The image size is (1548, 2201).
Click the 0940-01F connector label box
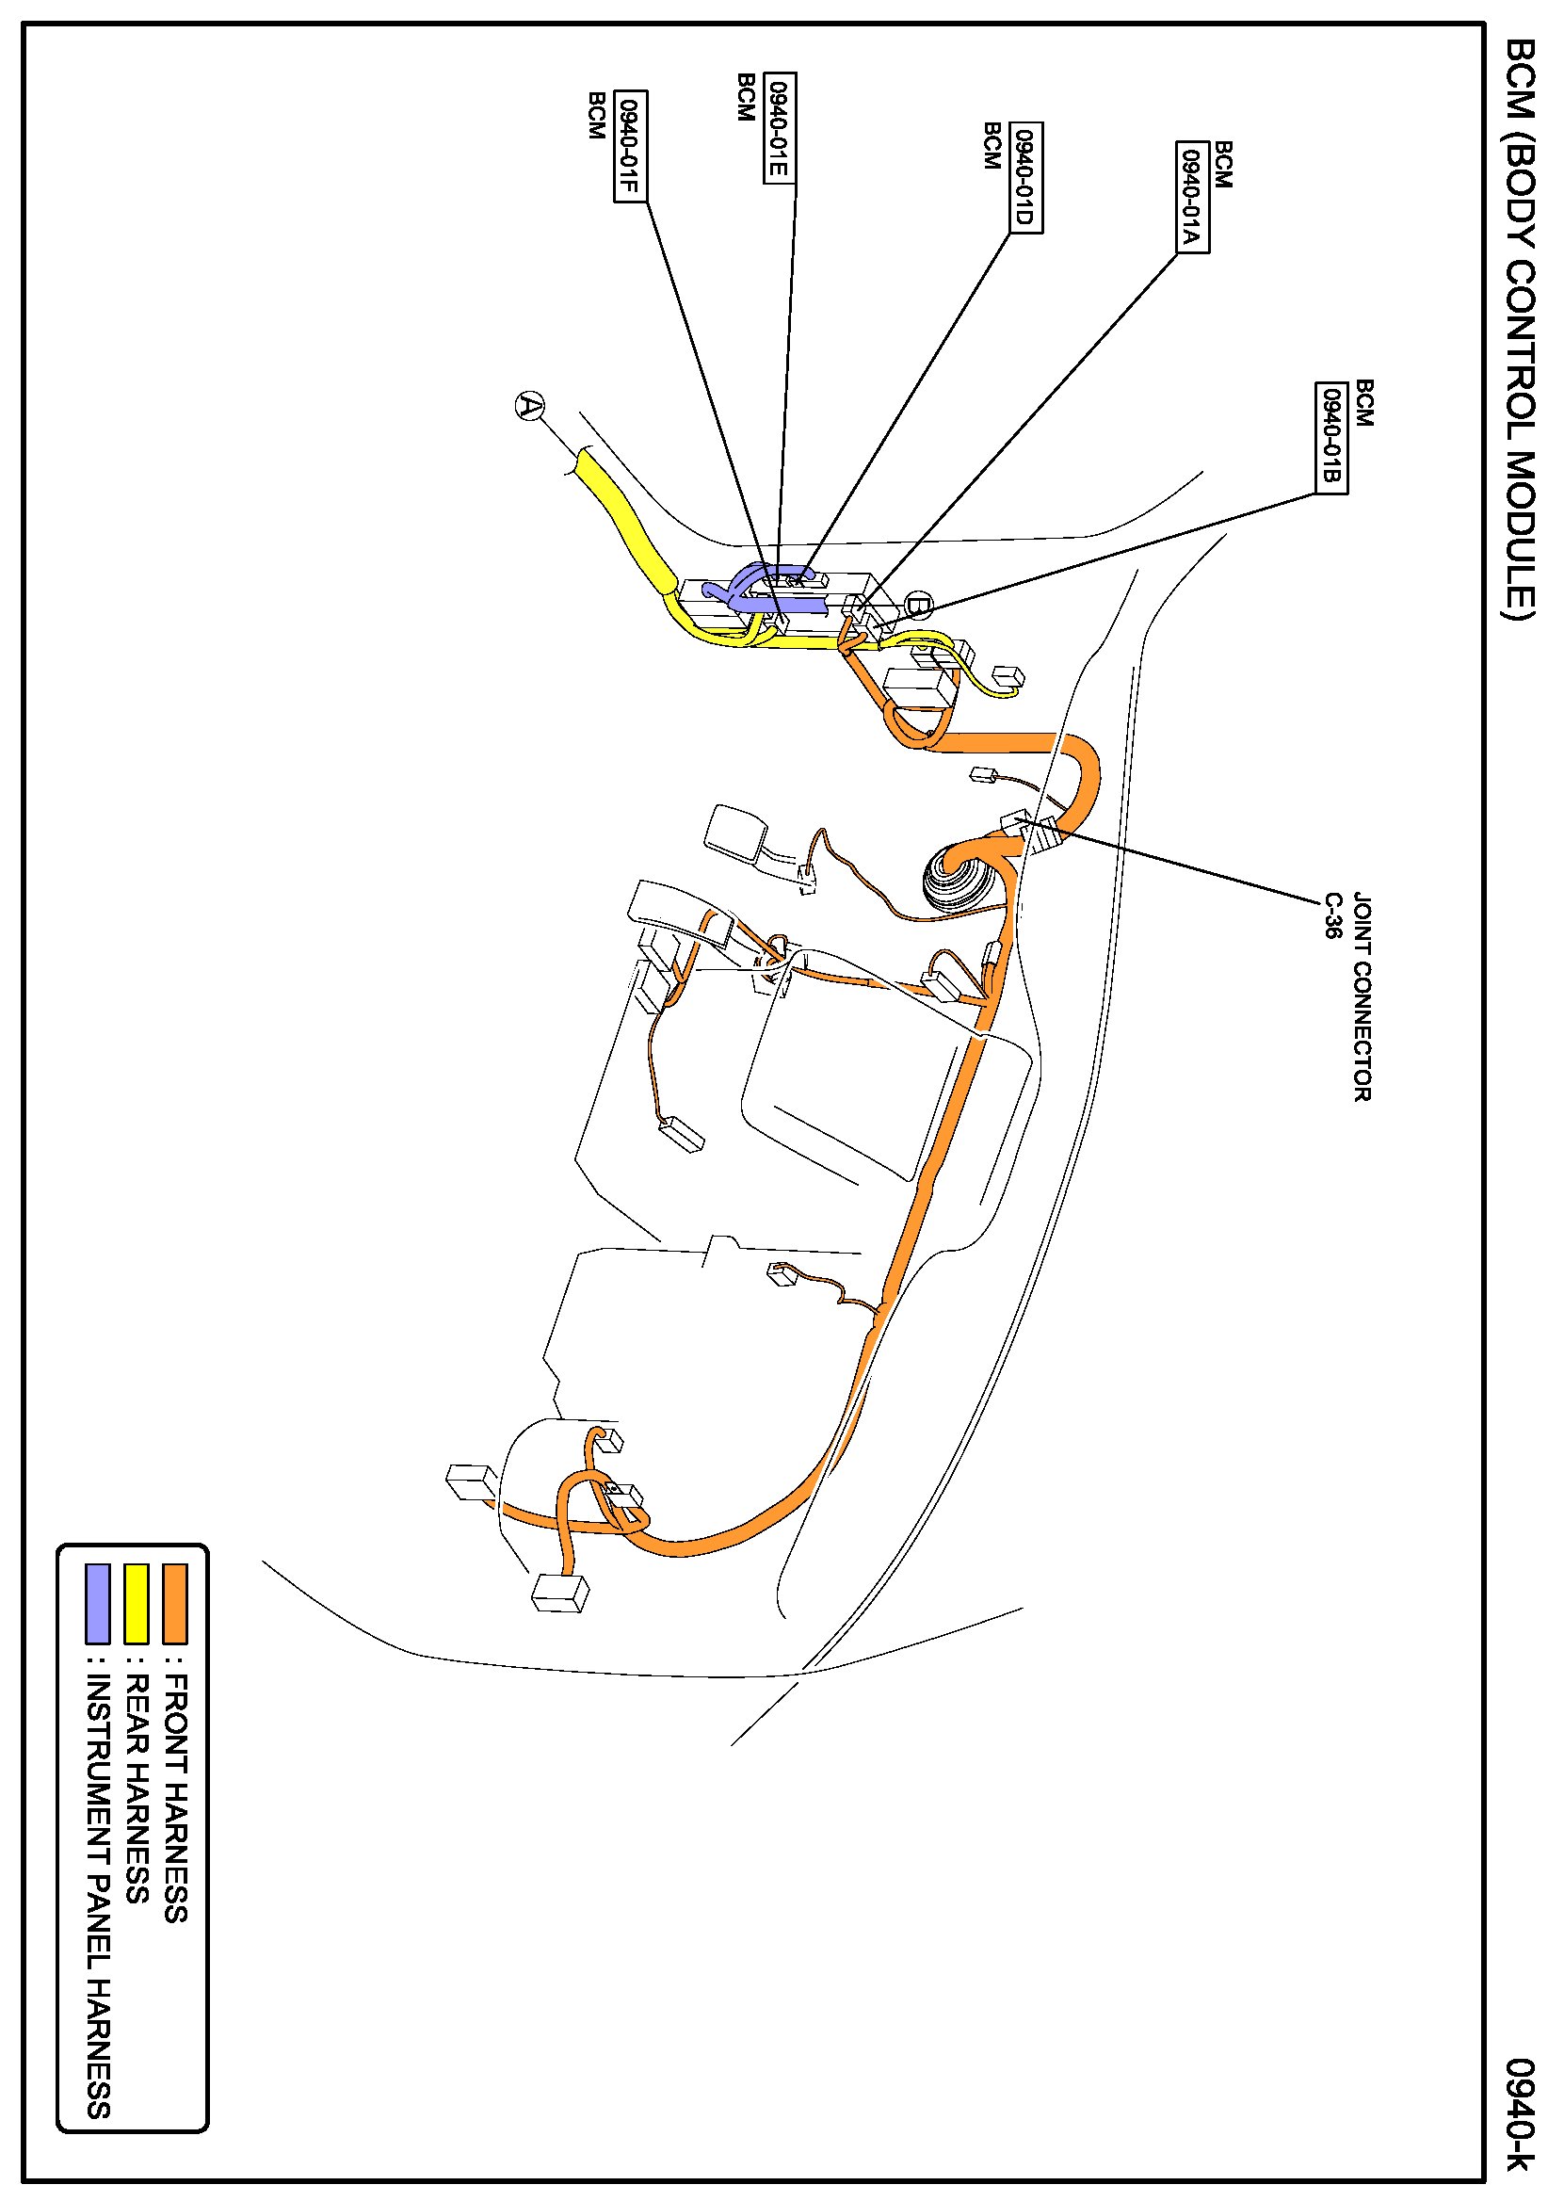(630, 146)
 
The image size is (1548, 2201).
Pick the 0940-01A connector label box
(1192, 197)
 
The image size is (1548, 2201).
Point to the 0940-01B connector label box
(1331, 437)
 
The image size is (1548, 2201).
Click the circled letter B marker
(917, 605)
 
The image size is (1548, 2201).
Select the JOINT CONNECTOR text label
(1363, 997)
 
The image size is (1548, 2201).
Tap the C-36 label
(1332, 915)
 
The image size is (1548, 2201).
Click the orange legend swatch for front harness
(174, 1603)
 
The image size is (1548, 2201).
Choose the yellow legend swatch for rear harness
(137, 1603)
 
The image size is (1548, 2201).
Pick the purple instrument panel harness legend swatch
(98, 1603)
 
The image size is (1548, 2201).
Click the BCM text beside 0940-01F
(596, 115)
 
